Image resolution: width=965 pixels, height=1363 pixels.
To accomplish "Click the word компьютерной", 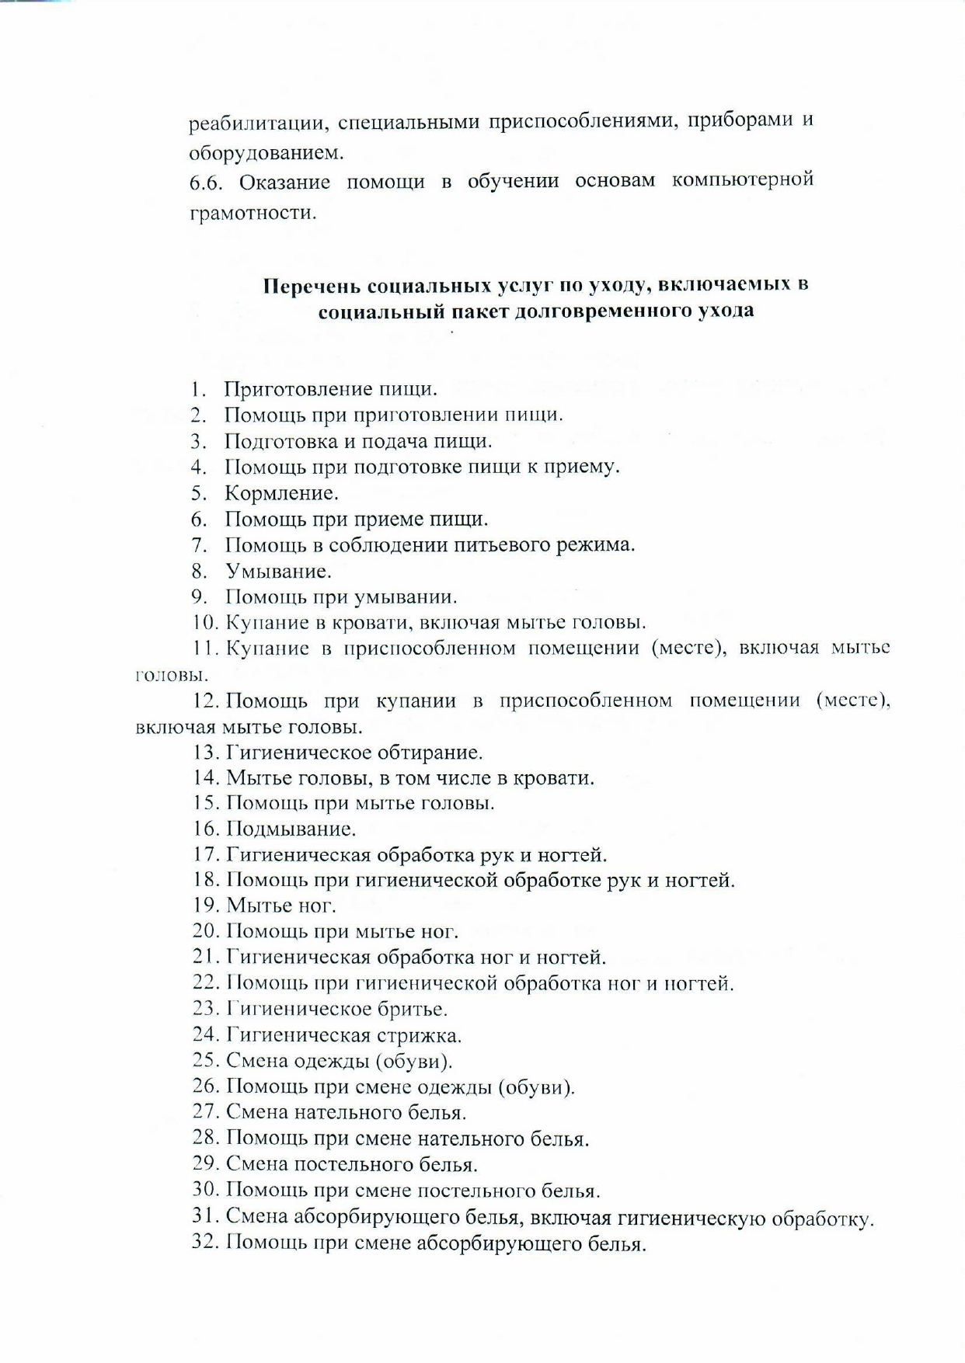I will coord(742,180).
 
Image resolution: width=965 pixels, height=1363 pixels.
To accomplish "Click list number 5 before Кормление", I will coord(199,493).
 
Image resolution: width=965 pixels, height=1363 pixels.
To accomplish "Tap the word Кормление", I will coord(281,493).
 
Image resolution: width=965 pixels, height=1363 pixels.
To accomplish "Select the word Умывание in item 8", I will coord(278,572).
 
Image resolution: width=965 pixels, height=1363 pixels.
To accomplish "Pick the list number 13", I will coord(206,752).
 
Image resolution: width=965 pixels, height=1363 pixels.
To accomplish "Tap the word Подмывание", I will coord(291,829).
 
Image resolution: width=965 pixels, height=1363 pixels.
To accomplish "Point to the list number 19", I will coord(206,906).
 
